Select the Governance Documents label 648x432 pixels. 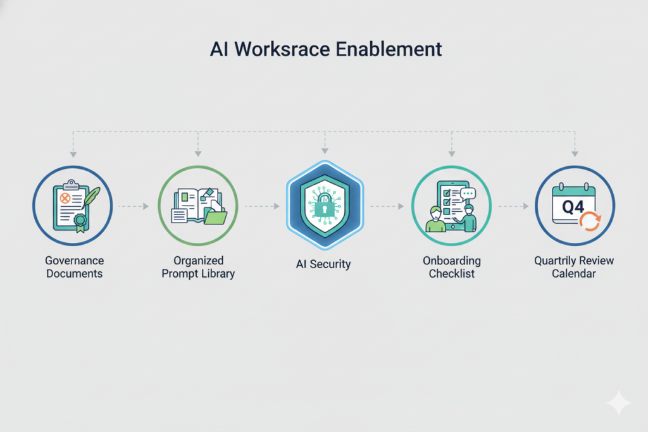click(x=75, y=267)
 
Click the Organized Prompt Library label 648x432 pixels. click(x=197, y=267)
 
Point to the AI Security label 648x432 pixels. click(x=323, y=264)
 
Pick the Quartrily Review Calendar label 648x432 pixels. click(x=574, y=267)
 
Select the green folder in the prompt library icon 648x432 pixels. click(x=216, y=217)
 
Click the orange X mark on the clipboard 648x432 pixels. click(x=64, y=198)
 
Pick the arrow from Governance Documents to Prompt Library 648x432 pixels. click(x=134, y=206)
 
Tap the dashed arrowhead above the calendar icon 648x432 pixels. click(x=574, y=153)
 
